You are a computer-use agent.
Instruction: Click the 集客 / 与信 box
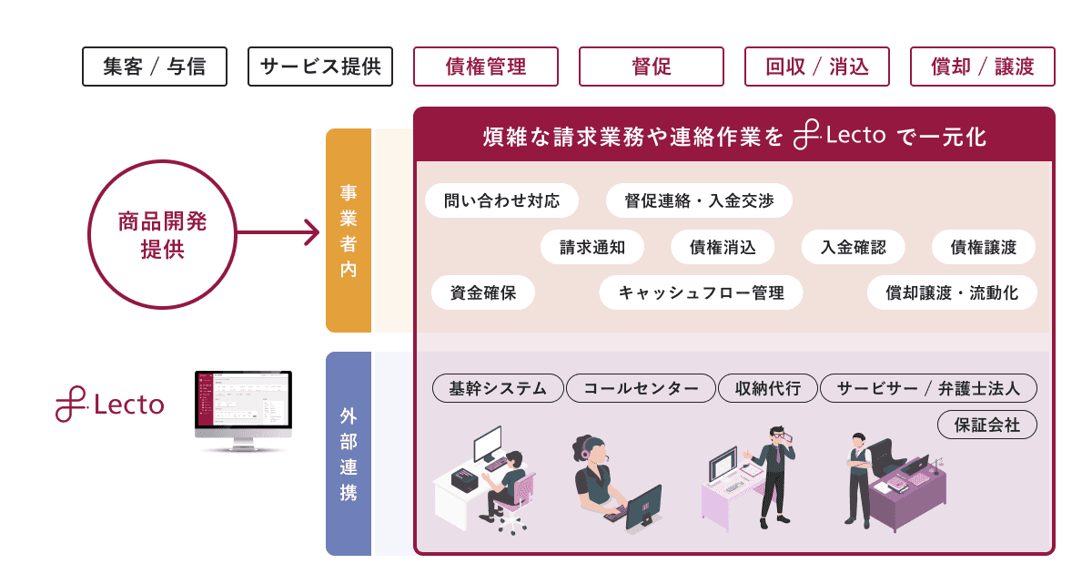click(x=155, y=67)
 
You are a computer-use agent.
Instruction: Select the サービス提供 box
click(x=320, y=67)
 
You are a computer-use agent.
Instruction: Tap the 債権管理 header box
click(x=486, y=67)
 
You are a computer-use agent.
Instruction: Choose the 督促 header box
click(x=652, y=67)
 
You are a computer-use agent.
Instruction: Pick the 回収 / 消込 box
click(x=817, y=67)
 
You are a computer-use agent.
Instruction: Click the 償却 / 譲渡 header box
click(x=983, y=67)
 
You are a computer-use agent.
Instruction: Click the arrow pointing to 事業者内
click(x=278, y=232)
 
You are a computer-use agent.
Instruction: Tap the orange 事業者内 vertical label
click(x=349, y=231)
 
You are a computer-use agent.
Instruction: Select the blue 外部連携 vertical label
click(x=349, y=454)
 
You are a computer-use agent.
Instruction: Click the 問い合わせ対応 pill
click(x=501, y=200)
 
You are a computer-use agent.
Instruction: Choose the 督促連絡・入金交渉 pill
click(x=699, y=200)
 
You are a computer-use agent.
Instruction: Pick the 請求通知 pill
click(x=592, y=247)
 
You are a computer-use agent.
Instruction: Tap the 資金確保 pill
click(x=483, y=292)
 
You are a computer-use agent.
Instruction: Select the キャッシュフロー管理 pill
click(x=701, y=292)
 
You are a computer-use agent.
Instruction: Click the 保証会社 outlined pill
click(x=987, y=425)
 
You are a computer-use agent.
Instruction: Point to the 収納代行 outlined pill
click(x=768, y=388)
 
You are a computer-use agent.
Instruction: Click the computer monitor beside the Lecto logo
click(x=243, y=411)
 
